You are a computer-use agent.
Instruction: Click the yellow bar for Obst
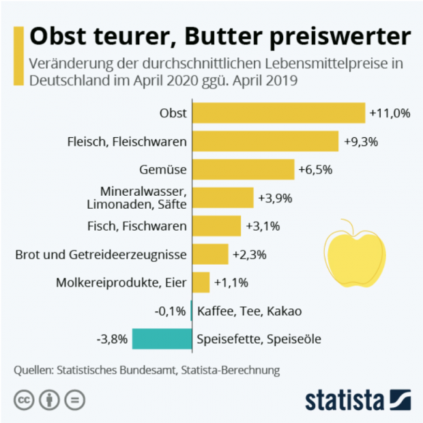pos(278,113)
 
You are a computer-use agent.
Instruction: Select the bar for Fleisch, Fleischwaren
pos(265,141)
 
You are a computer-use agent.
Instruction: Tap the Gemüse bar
pos(243,169)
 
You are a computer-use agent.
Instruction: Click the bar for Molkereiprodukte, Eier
pos(201,282)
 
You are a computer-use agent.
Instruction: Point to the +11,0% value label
pos(390,113)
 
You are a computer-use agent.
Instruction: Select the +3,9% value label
pos(276,198)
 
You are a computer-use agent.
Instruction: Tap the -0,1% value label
pos(171,311)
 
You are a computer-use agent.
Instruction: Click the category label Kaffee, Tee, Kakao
pos(249,311)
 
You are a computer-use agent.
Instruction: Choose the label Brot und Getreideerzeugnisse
pos(101,254)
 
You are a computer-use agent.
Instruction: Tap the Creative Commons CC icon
pos(25,400)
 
